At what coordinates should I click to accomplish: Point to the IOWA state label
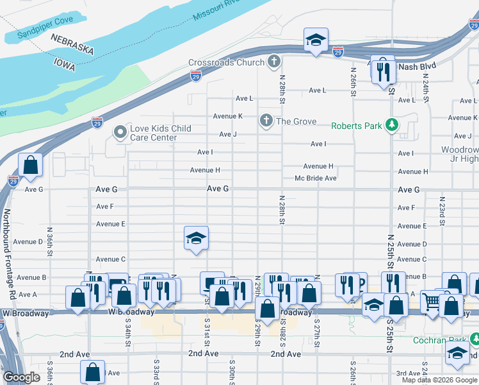coord(64,64)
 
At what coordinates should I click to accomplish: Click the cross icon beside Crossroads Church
coord(274,62)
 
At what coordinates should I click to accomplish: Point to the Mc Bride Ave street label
coord(315,178)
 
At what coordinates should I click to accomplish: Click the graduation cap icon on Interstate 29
coord(316,40)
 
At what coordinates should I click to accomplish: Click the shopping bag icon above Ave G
coord(30,165)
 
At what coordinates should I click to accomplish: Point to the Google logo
coord(21,377)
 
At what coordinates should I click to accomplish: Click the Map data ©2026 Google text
coord(439,380)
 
